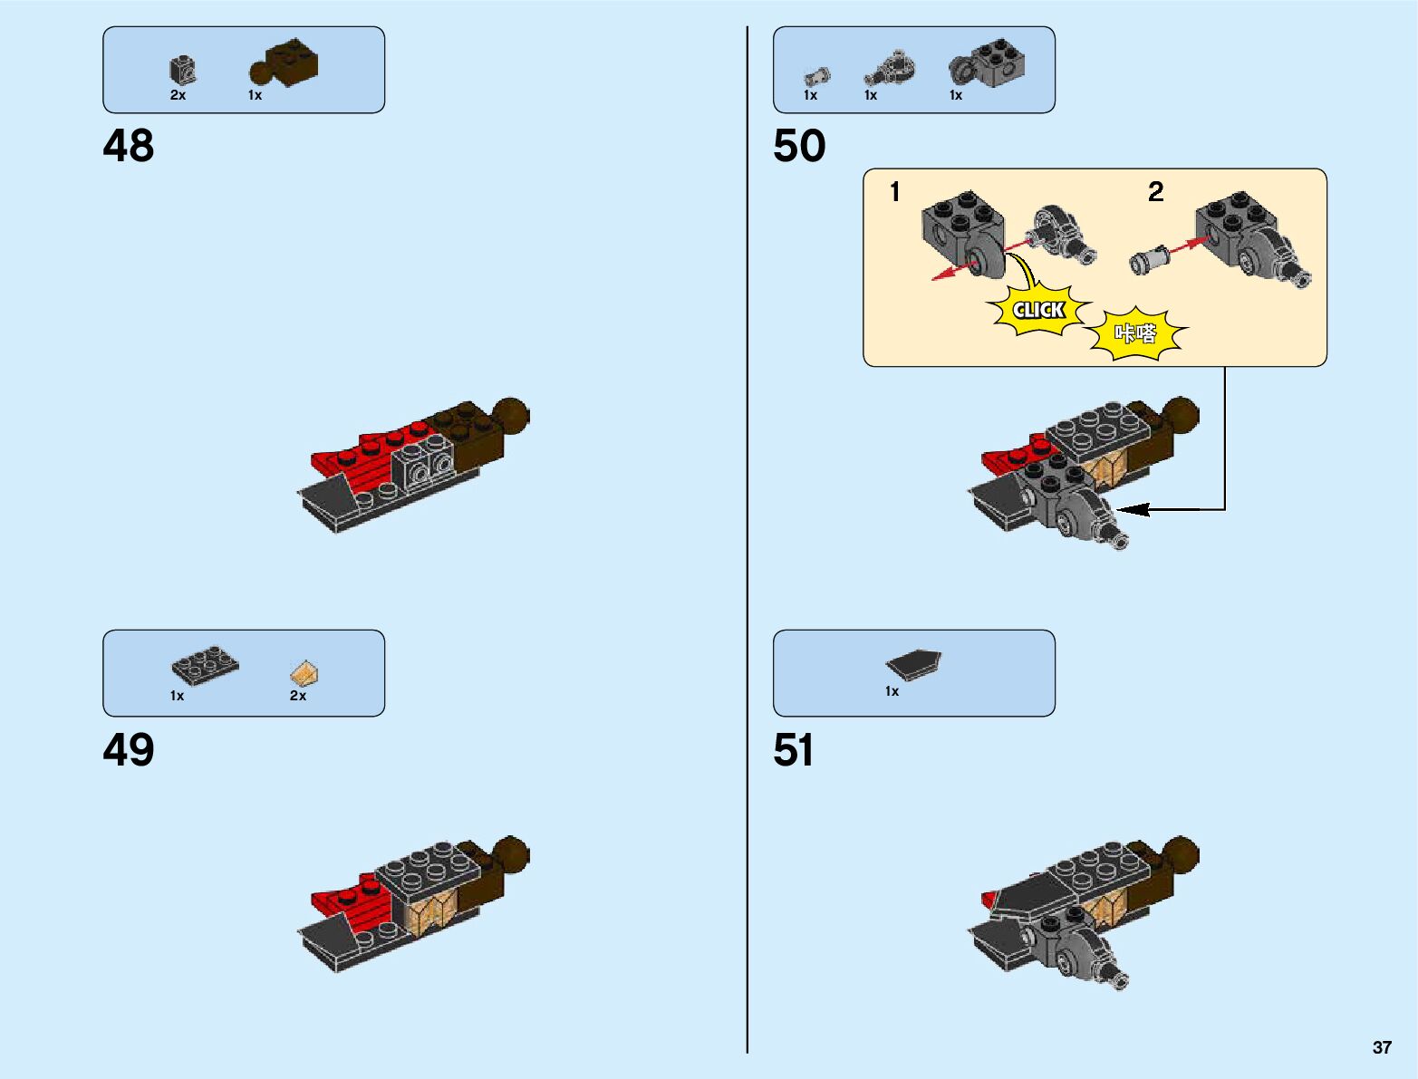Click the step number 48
pos(129,146)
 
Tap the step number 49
pos(129,750)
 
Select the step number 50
pos(799,146)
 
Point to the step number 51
pos(794,750)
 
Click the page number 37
pos(1381,1047)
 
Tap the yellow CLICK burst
pos(1038,311)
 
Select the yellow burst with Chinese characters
pos(1135,334)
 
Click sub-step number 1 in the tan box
pos(895,192)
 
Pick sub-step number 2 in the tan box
pos(1155,192)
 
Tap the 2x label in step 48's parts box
pos(178,95)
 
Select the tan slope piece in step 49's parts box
pos(305,673)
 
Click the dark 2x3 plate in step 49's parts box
pos(206,665)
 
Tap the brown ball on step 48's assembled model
pos(511,415)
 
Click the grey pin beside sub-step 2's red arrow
pos(1147,260)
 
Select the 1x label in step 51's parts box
pos(892,691)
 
